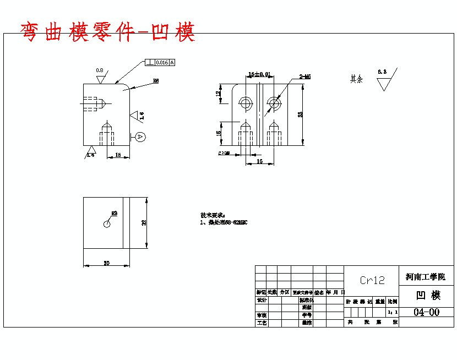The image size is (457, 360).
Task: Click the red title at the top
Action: pos(107,32)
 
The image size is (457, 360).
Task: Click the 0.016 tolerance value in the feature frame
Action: pos(162,63)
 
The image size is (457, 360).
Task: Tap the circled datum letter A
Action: pos(140,136)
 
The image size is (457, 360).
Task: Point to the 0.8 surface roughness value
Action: pos(100,70)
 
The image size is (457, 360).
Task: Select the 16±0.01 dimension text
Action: pos(259,74)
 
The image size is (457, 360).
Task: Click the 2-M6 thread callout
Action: pos(305,77)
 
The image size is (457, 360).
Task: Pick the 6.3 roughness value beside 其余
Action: pos(382,72)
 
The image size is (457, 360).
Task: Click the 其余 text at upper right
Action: pos(357,79)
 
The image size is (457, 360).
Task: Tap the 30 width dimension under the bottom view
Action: pos(107,263)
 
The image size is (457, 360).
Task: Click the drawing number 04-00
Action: pos(427,312)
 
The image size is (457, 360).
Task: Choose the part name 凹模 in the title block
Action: pos(427,295)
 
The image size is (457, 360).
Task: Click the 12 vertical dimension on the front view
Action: pos(218,94)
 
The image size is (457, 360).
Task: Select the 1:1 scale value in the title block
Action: pos(391,312)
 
